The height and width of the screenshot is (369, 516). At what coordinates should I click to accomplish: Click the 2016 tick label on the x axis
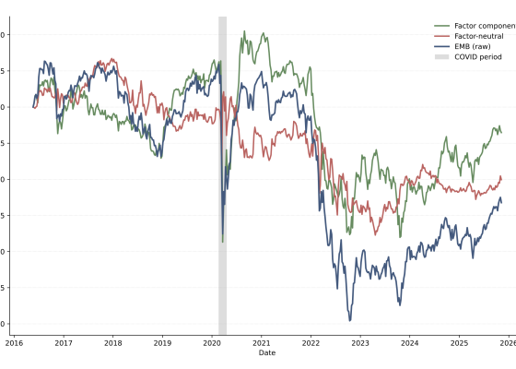(14, 342)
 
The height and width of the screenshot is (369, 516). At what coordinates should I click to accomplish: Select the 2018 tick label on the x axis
(112, 342)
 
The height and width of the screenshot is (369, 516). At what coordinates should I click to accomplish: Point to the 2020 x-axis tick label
(211, 342)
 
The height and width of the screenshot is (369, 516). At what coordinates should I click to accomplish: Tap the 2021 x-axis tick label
(261, 342)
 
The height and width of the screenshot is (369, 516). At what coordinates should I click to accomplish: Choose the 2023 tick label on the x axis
(359, 342)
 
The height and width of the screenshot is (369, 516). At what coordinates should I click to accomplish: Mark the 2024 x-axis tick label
(409, 342)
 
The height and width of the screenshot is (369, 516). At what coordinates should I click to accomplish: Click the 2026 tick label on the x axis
(507, 342)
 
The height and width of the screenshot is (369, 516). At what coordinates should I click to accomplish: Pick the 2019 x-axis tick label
(162, 342)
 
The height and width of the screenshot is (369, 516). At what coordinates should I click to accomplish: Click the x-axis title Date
(266, 352)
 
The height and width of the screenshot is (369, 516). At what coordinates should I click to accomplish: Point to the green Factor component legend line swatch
(441, 26)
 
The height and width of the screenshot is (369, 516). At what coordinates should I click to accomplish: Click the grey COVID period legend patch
(441, 56)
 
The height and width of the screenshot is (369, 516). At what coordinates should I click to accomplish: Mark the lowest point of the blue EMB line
(349, 320)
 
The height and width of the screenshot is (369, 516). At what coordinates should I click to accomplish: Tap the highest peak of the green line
(243, 31)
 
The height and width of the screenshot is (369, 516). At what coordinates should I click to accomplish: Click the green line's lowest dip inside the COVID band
(222, 242)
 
